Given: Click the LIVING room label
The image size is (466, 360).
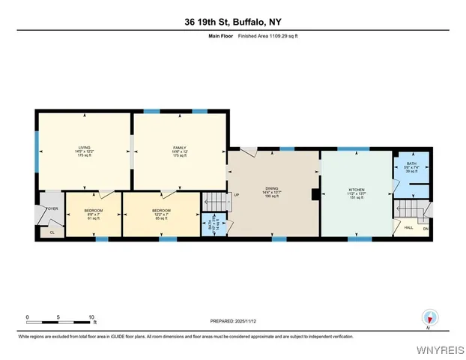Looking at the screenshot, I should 84,148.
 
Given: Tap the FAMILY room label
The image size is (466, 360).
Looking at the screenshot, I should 179,148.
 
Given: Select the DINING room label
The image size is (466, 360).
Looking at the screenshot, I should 272,189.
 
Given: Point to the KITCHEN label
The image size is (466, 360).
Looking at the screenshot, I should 357,189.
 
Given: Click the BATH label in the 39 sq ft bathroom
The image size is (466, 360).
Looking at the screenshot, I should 411,163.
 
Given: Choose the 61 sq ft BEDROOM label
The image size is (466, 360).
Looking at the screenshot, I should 93,210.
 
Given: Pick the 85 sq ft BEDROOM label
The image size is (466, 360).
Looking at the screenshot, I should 161,210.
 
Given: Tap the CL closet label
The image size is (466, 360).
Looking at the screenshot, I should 52,232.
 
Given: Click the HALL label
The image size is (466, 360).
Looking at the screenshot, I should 408,227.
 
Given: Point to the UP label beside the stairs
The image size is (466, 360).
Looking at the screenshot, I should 237,196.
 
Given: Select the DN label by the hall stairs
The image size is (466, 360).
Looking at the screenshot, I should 425,228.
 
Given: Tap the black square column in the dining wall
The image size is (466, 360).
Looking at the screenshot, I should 315,195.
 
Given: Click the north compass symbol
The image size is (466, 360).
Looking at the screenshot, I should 429,318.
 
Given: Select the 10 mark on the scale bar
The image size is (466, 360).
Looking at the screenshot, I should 91,317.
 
